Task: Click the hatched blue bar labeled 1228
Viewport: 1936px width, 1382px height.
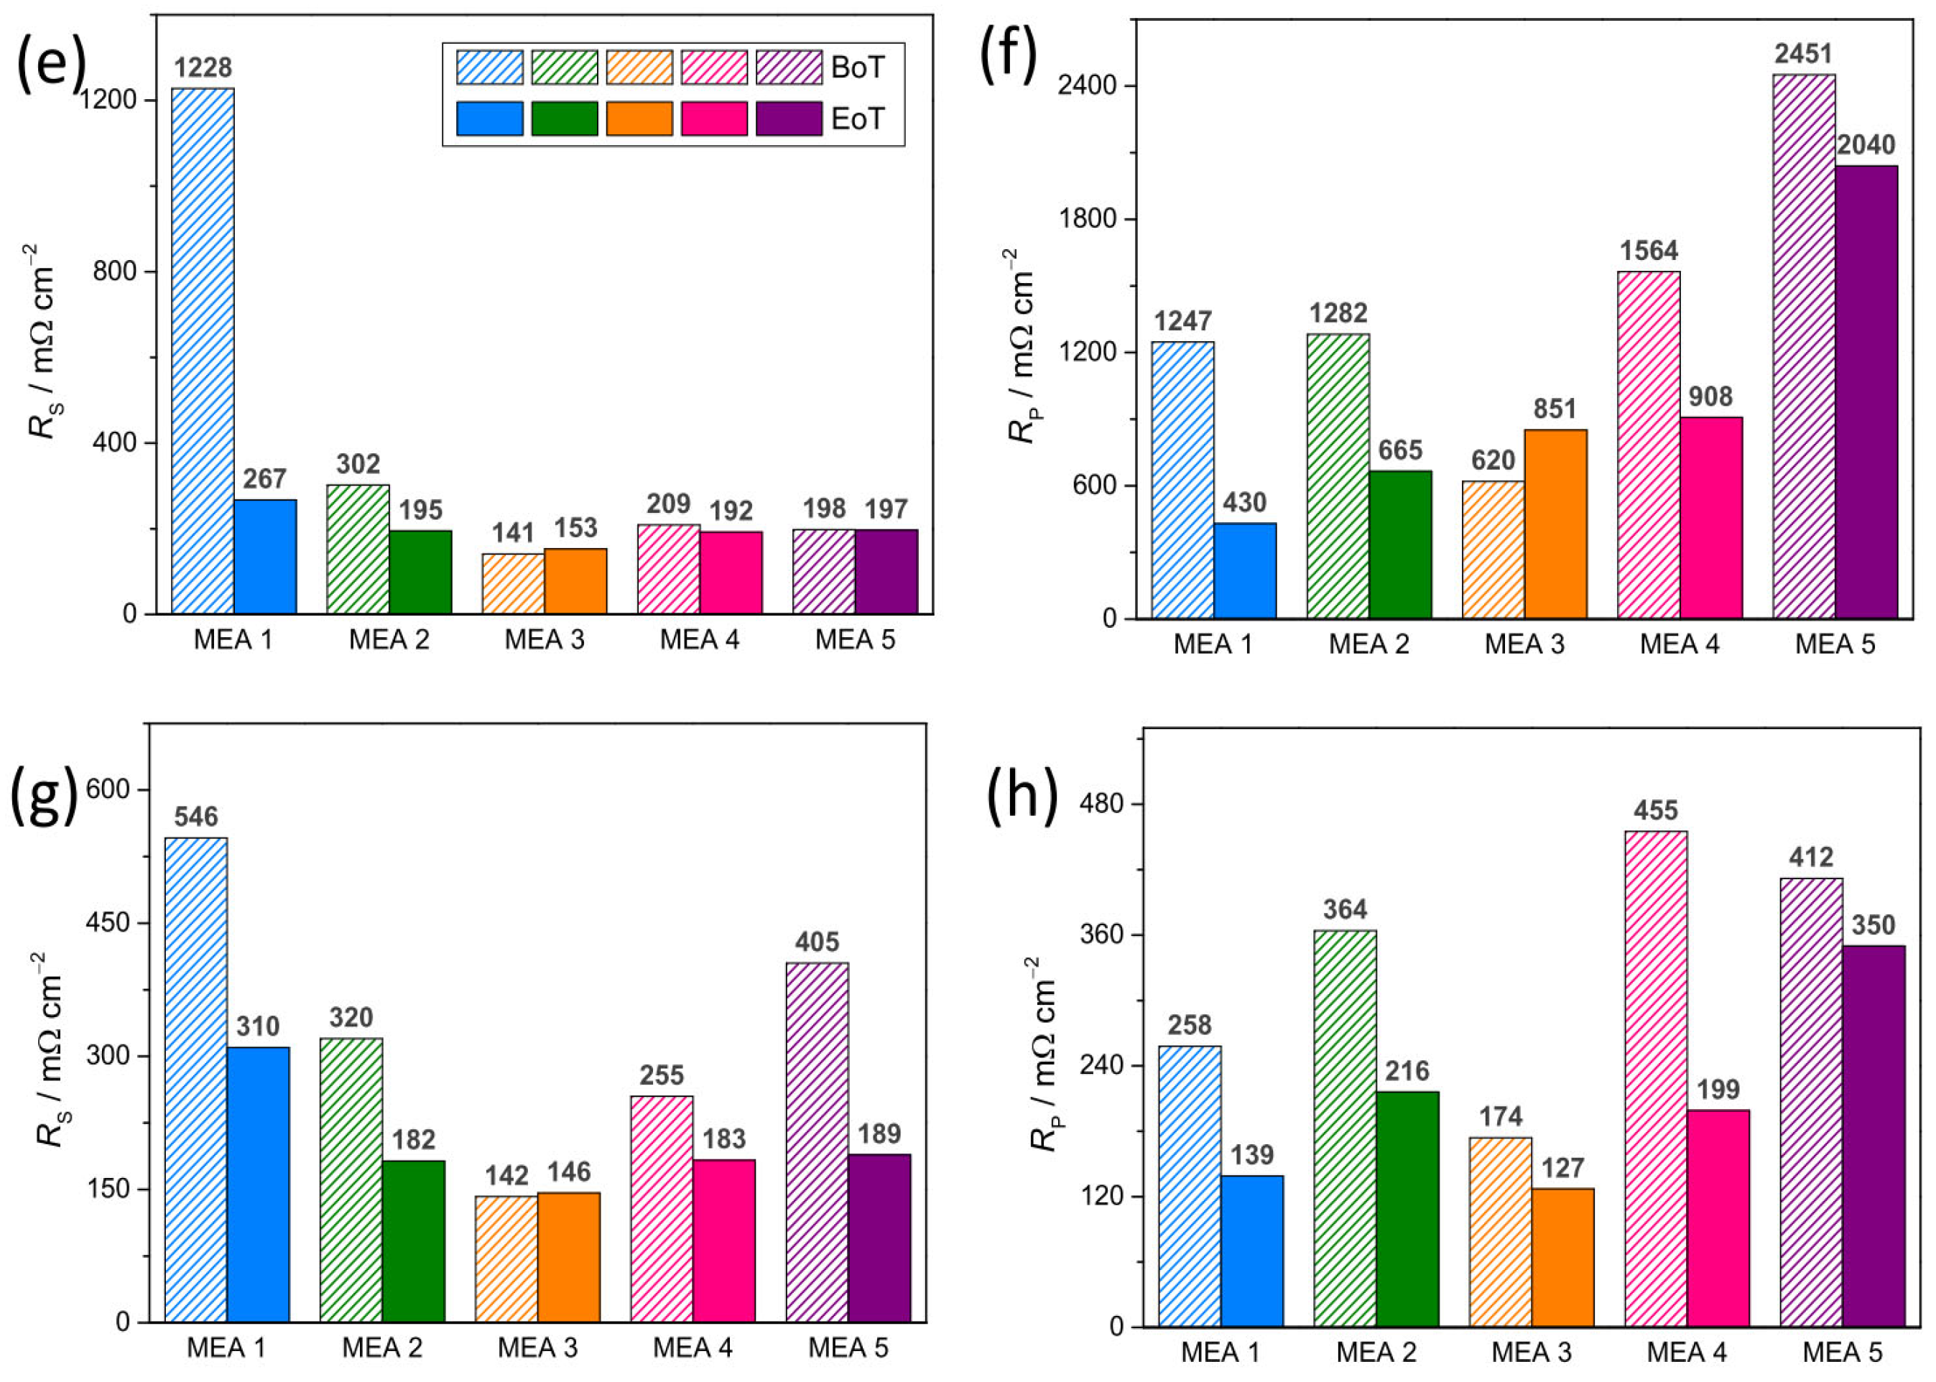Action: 203,351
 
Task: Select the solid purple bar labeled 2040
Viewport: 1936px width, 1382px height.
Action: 1866,391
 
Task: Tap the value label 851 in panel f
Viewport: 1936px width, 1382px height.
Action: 1555,409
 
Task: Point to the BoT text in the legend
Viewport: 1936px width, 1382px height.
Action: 857,68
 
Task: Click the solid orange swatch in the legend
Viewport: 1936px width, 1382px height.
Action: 639,119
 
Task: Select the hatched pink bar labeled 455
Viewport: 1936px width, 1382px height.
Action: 1655,1078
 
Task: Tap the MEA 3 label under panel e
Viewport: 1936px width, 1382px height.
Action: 544,640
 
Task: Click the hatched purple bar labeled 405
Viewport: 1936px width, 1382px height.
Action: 817,1142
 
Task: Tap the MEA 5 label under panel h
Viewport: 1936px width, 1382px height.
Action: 1843,1353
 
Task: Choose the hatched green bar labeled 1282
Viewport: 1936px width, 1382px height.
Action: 1338,476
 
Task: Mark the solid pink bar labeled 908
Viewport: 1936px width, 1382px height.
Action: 1710,517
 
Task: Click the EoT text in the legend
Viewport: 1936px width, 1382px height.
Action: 857,119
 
